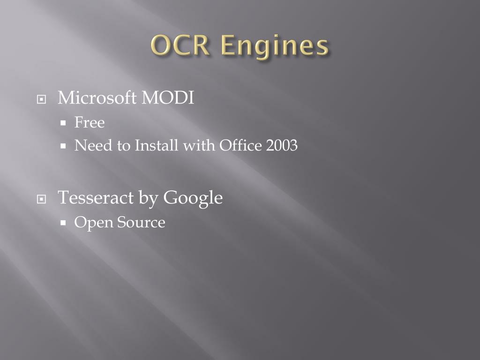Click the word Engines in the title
point(275,47)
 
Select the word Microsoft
point(97,97)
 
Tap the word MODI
point(168,98)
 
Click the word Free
point(90,122)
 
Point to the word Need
point(93,145)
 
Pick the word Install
point(157,145)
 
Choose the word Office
point(240,145)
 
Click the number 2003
point(282,145)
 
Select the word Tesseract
point(96,197)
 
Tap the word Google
point(193,198)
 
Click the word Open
point(93,223)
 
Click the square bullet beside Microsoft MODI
point(41,99)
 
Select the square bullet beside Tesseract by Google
point(41,199)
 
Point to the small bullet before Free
point(63,123)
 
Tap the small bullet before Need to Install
point(63,146)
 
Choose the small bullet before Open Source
point(63,223)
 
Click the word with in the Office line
point(199,145)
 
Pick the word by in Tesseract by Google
point(149,198)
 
